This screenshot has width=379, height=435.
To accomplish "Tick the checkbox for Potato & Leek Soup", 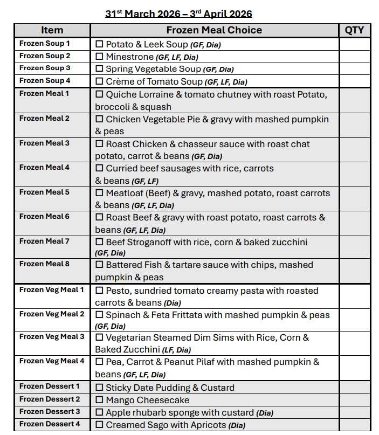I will [x=99, y=44].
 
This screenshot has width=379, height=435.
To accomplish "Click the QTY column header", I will [x=354, y=30].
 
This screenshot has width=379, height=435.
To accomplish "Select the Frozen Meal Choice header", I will [x=214, y=30].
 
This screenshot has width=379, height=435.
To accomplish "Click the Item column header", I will [x=52, y=30].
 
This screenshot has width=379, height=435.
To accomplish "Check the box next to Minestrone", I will [x=99, y=56].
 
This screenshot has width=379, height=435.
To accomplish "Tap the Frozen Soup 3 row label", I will [x=45, y=68].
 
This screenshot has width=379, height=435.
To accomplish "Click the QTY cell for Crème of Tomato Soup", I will [x=354, y=81].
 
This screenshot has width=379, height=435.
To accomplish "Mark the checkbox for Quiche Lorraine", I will [x=99, y=94].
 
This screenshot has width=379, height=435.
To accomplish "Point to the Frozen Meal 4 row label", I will [x=44, y=167].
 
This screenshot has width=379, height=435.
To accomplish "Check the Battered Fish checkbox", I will [x=99, y=265].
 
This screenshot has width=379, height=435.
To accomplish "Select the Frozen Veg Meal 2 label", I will [x=52, y=314].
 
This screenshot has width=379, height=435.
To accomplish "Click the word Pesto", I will [x=118, y=291].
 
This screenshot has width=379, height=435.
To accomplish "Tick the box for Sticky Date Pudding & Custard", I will [x=99, y=387].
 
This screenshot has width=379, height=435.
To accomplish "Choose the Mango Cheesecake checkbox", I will [x=99, y=400].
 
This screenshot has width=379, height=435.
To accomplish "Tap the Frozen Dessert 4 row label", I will [x=50, y=424].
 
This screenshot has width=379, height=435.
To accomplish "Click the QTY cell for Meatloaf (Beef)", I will [x=354, y=199].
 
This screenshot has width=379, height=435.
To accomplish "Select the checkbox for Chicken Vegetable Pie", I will [x=99, y=119].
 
